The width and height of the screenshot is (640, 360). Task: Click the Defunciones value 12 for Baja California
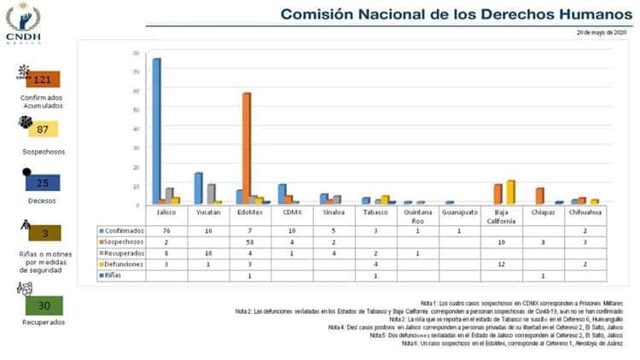[x=502, y=264]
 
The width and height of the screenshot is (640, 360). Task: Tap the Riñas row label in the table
[x=112, y=276]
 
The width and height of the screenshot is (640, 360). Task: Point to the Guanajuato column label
[x=460, y=213]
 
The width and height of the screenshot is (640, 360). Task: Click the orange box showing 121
[x=43, y=79]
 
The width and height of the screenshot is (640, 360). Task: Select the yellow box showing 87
[x=42, y=130]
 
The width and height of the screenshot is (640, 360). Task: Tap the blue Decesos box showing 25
[x=42, y=182]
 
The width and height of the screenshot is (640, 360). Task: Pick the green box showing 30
[x=44, y=305]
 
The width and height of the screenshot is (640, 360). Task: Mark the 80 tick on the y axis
[x=137, y=54]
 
